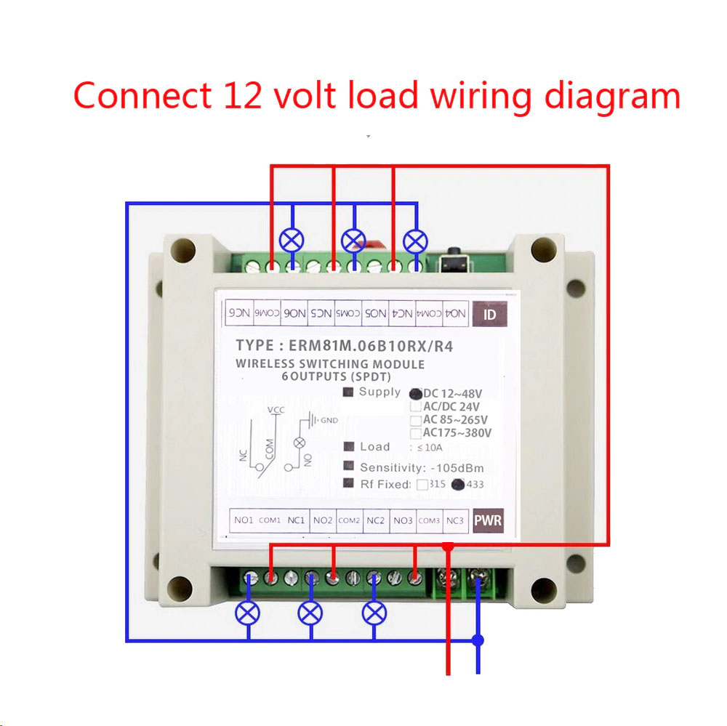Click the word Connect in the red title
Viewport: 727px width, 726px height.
[137, 96]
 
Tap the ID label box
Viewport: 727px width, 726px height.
[489, 315]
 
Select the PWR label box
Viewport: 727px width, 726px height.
[488, 520]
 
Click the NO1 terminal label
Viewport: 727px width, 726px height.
[244, 520]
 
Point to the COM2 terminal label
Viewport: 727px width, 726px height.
[349, 520]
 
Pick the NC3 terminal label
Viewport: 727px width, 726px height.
[455, 520]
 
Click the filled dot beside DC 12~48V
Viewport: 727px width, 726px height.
[415, 393]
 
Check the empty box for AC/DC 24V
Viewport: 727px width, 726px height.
[415, 407]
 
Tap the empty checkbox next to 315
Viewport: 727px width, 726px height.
[422, 485]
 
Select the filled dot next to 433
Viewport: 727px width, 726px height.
[457, 485]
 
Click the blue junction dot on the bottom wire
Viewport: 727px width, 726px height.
[478, 640]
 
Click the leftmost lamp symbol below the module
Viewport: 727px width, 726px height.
[248, 613]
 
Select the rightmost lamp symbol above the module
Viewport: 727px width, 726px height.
[416, 240]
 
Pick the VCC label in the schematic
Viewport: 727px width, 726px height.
[276, 411]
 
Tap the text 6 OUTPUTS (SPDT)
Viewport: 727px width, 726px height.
[337, 376]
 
